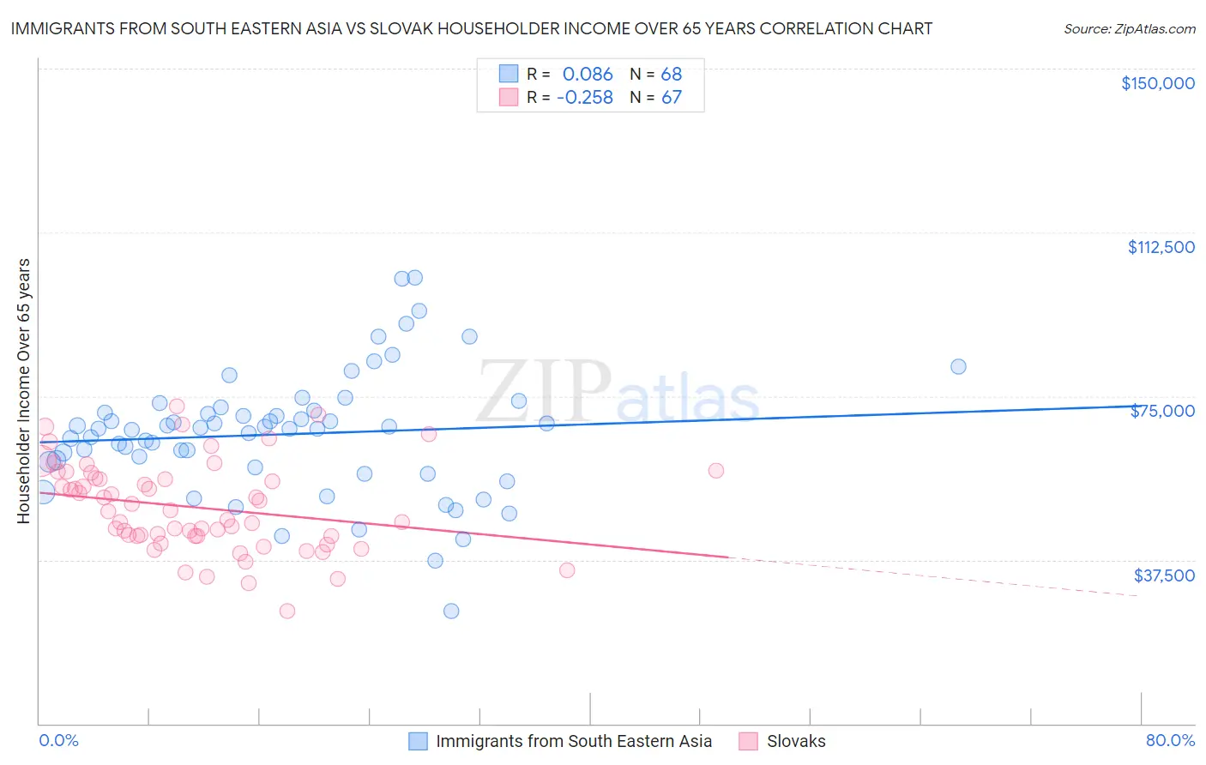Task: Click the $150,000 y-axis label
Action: (x=1157, y=83)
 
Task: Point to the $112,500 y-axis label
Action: (x=1161, y=247)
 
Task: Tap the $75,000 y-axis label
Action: (x=1162, y=411)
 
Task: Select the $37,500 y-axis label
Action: (x=1163, y=575)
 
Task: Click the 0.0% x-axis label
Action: (x=58, y=740)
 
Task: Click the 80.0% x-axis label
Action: (x=1170, y=740)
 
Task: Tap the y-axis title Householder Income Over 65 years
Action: (x=24, y=391)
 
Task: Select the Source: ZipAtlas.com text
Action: (x=1129, y=29)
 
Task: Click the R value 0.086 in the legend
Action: (x=588, y=74)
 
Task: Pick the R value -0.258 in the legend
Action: (x=585, y=98)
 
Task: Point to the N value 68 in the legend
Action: (x=671, y=74)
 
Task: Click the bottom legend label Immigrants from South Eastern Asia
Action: (x=573, y=741)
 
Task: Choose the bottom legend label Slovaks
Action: (x=795, y=741)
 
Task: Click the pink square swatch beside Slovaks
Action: (x=748, y=741)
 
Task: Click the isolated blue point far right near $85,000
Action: (x=958, y=366)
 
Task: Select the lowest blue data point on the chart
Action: (x=451, y=611)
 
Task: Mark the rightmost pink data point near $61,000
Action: (x=716, y=470)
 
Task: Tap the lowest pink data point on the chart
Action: (x=287, y=611)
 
